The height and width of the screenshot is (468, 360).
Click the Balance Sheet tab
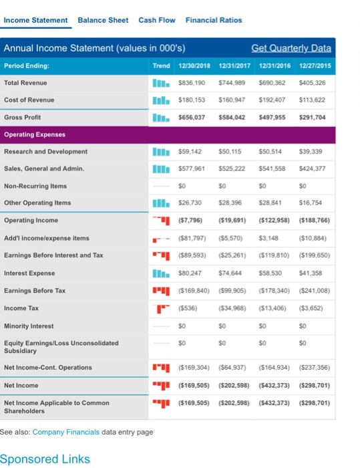click(103, 20)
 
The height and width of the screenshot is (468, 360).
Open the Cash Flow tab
click(156, 20)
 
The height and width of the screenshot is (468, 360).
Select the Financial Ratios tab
click(214, 20)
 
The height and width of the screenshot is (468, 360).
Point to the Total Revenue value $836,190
click(191, 83)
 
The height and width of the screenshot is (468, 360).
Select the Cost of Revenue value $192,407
click(272, 100)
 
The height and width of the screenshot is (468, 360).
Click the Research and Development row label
click(45, 151)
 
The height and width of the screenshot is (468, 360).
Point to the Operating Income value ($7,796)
click(191, 220)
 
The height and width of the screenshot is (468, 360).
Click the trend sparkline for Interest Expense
click(161, 272)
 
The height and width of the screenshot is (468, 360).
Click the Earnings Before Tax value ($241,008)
click(313, 289)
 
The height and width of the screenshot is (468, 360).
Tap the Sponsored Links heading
click(45, 459)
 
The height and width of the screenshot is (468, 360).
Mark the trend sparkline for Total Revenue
click(161, 83)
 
